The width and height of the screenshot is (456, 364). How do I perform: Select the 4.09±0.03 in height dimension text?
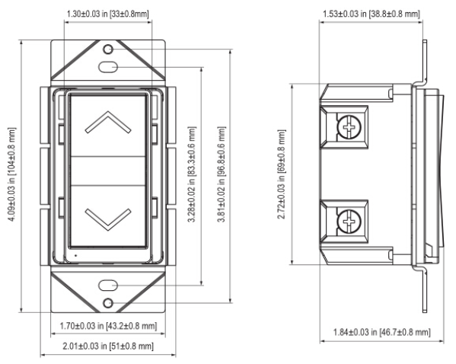[x=12, y=174]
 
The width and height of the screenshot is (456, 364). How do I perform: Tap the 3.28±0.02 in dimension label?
[x=192, y=174]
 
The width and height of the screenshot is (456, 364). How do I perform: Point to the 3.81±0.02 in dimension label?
[x=222, y=174]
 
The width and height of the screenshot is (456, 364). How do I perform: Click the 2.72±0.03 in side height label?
[x=282, y=174]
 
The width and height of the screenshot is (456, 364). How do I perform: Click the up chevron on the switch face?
[x=108, y=112]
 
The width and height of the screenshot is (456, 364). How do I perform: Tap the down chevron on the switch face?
[x=108, y=229]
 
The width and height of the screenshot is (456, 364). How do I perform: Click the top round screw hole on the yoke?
[x=108, y=49]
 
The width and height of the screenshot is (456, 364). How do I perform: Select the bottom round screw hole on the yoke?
[x=108, y=303]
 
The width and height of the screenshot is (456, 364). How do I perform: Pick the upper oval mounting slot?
[x=108, y=67]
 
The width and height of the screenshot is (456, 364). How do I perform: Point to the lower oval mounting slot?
[x=108, y=285]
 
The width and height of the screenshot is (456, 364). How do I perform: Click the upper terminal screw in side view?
[x=349, y=127]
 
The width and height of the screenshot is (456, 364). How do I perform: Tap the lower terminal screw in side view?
[x=349, y=222]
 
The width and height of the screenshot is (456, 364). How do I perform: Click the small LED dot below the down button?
[x=76, y=255]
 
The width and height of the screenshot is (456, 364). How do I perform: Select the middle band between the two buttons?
[x=108, y=171]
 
